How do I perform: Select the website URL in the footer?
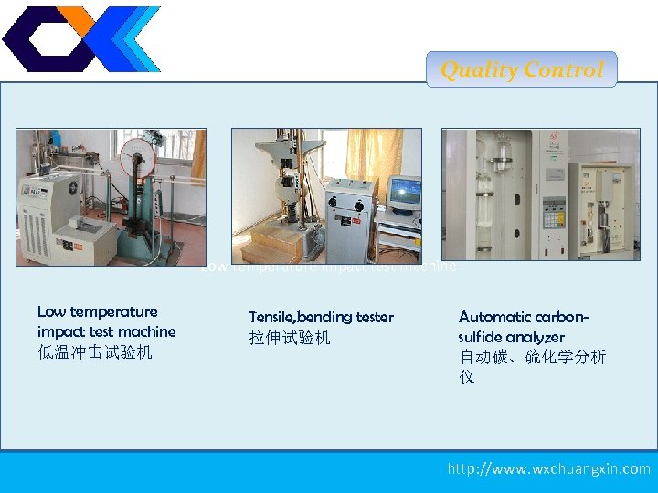[x=548, y=468]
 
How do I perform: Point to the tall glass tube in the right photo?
[x=501, y=173]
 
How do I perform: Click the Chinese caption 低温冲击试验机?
[x=95, y=351]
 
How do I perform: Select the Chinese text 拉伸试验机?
[x=290, y=338]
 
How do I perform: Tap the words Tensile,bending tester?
[x=321, y=317]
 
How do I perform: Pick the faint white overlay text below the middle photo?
[x=329, y=267]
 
